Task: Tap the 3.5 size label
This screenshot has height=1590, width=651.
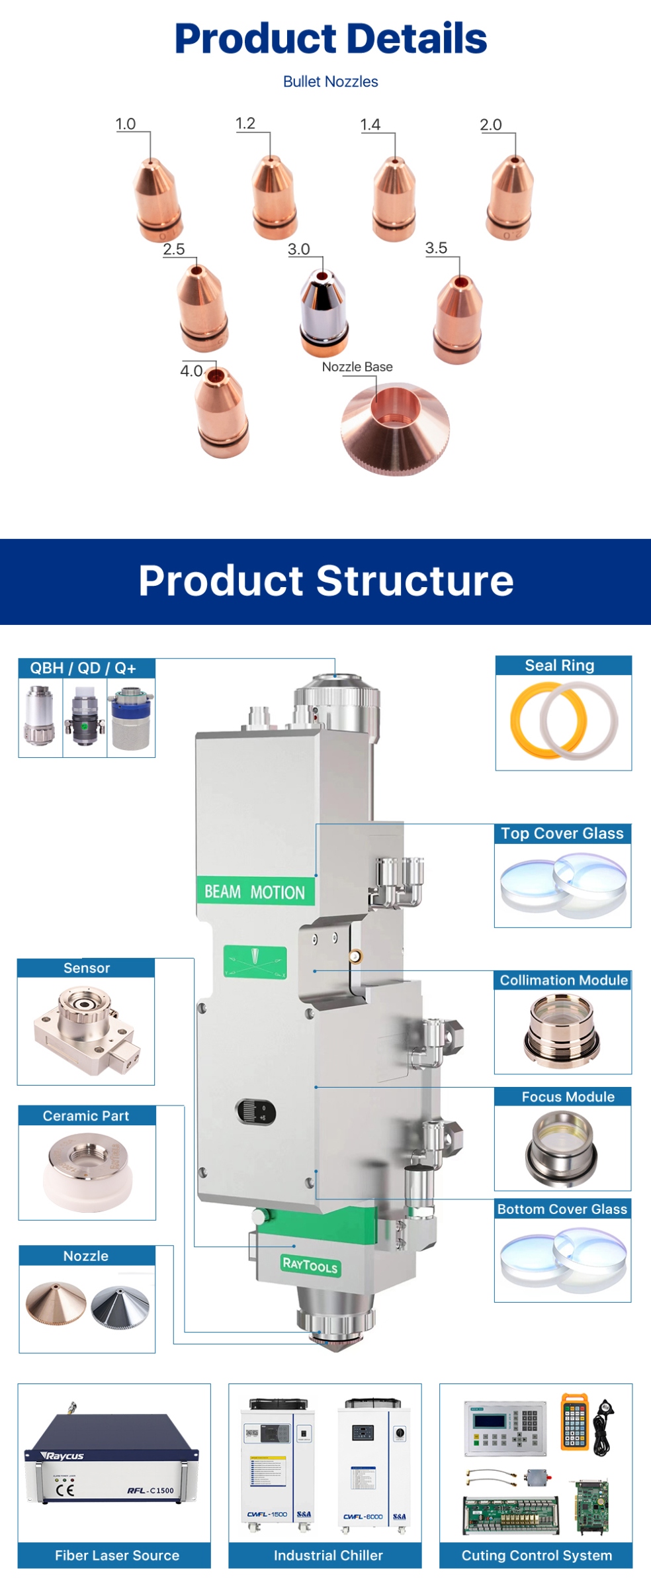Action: pyautogui.click(x=436, y=248)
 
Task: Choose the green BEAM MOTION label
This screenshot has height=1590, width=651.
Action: pyautogui.click(x=255, y=892)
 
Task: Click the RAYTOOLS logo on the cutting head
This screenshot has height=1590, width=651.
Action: pyautogui.click(x=310, y=1265)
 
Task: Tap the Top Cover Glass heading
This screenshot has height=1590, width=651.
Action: pyautogui.click(x=562, y=833)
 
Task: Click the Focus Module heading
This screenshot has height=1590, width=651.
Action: pyautogui.click(x=568, y=1097)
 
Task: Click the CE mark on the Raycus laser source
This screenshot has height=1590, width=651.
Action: pyautogui.click(x=65, y=1490)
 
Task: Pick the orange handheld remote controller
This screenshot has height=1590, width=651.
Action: pyautogui.click(x=574, y=1422)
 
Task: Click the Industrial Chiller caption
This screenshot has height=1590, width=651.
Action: pyautogui.click(x=328, y=1555)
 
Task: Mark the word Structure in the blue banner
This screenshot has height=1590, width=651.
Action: pyautogui.click(x=415, y=581)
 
